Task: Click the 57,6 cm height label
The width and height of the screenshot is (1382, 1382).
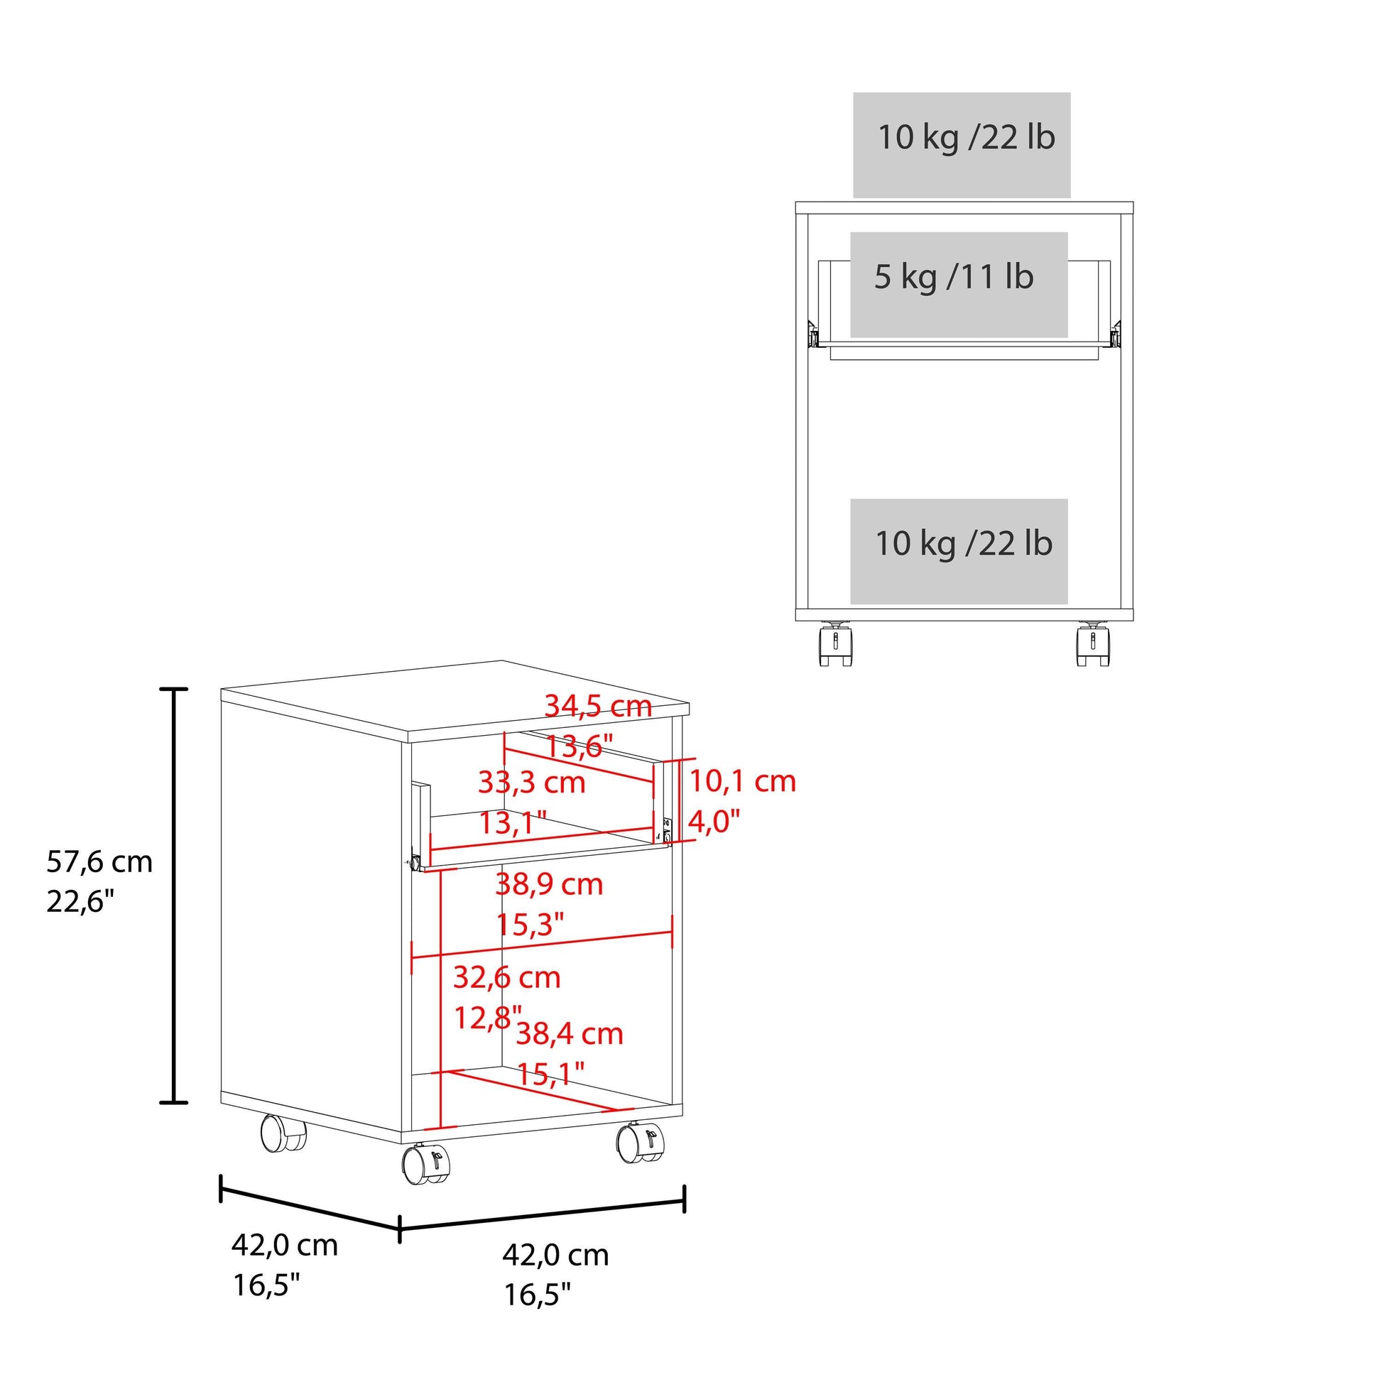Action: [x=99, y=862]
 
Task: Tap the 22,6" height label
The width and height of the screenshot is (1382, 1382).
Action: [x=81, y=902]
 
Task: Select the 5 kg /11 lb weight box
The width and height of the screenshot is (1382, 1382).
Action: [x=959, y=285]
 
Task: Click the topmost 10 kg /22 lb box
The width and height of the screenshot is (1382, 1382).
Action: [x=962, y=144]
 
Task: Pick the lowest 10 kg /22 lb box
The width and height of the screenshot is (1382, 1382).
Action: [x=959, y=552]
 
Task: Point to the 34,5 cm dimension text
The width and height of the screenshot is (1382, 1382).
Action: [x=598, y=707]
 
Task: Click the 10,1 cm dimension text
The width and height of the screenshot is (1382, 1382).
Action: [x=743, y=781]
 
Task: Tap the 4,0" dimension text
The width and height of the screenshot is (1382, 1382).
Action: [x=713, y=822]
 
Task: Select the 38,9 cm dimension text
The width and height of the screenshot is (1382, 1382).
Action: [x=550, y=885]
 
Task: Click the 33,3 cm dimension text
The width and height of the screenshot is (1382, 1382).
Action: [x=532, y=783]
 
